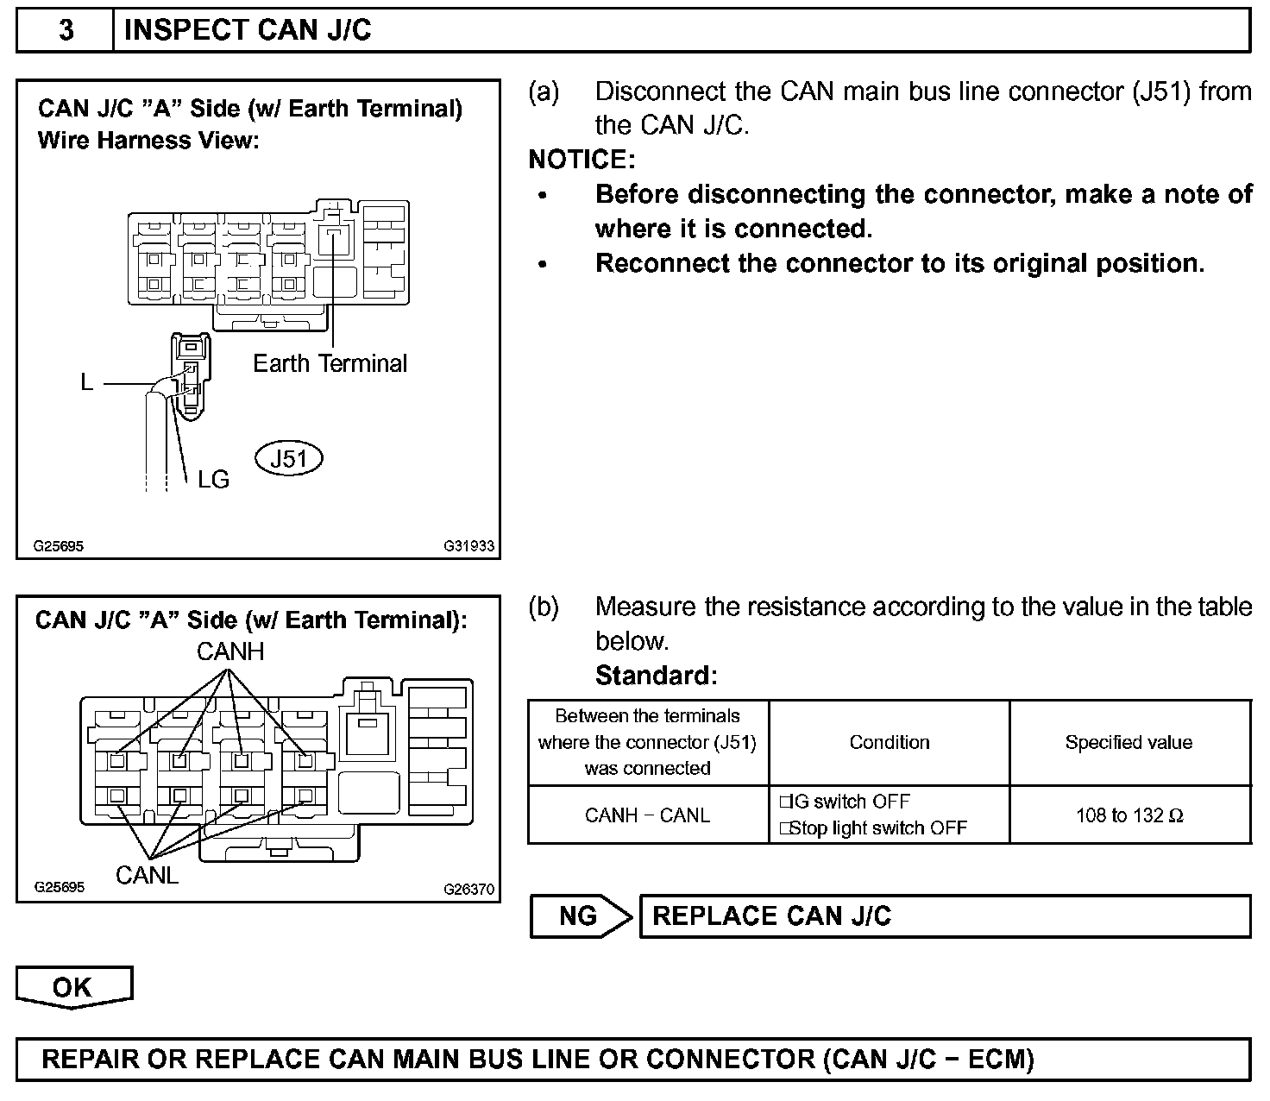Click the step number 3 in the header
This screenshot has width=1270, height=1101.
(66, 31)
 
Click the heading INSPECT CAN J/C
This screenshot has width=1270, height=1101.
(248, 31)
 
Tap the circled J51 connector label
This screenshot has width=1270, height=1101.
(289, 458)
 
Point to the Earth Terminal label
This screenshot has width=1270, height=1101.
(330, 363)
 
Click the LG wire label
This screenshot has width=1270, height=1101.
(213, 480)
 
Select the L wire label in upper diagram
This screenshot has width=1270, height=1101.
(86, 382)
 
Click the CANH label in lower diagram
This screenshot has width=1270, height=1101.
(230, 651)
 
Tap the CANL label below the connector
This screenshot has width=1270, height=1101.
(147, 875)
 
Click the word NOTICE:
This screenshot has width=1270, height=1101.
(582, 160)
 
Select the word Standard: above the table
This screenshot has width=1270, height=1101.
(656, 675)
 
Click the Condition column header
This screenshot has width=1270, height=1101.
(890, 742)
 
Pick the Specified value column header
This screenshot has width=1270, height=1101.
(1129, 742)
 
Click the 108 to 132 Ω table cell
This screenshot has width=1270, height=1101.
(1129, 815)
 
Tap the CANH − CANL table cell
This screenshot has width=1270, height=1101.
(647, 815)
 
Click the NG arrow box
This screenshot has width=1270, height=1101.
(579, 915)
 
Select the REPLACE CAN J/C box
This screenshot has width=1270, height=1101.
(944, 915)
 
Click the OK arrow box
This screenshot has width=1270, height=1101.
(73, 987)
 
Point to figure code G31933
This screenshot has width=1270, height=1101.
(469, 546)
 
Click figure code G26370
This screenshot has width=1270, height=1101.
(469, 889)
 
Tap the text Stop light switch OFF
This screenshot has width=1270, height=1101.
(877, 828)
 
